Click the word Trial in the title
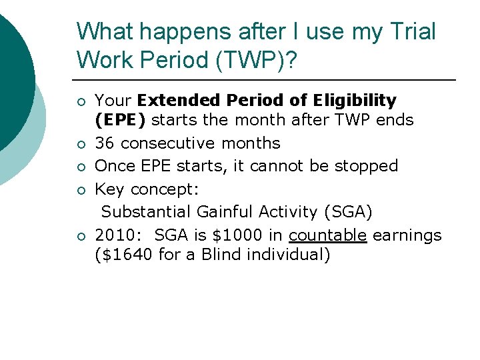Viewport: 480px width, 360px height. coord(414,32)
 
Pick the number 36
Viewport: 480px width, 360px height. coord(105,143)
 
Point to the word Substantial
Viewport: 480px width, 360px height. coord(146,212)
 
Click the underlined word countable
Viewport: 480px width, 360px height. coord(327,235)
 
